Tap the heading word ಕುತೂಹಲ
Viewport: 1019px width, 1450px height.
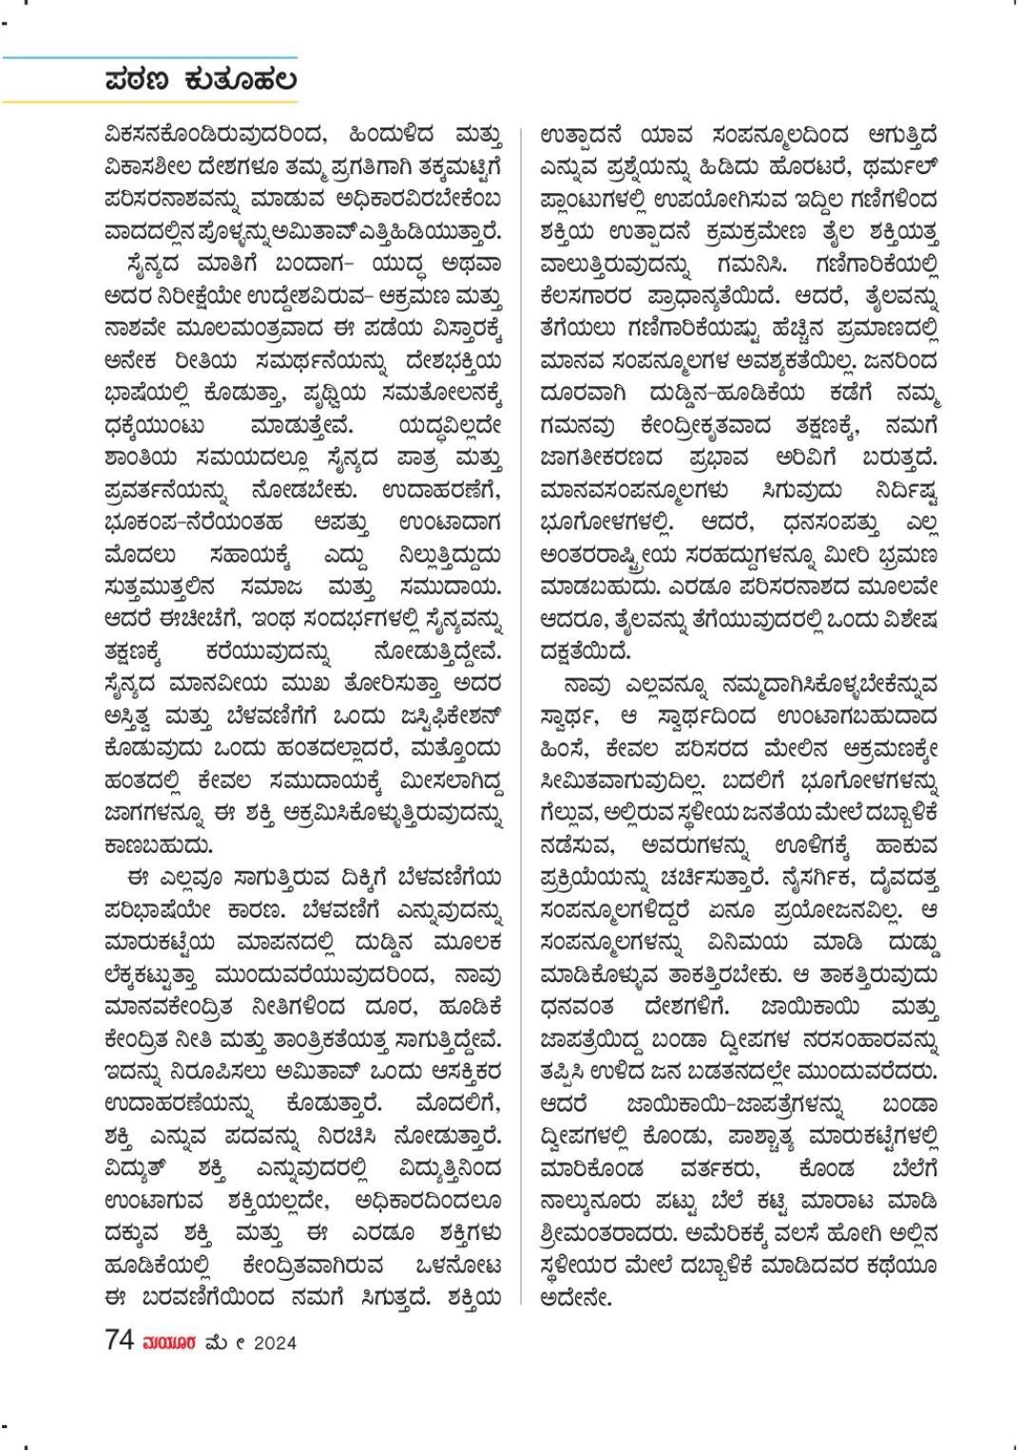(x=240, y=80)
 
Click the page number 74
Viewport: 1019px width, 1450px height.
(x=119, y=1341)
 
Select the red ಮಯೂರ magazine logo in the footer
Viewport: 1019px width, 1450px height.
(x=169, y=1343)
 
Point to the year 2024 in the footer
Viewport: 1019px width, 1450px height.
(x=275, y=1343)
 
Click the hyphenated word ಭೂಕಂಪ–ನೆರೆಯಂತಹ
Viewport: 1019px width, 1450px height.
(x=194, y=523)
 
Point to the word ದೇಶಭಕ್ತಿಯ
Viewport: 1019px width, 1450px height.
(x=453, y=361)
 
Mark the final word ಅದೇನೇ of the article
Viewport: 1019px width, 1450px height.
(x=575, y=1298)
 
